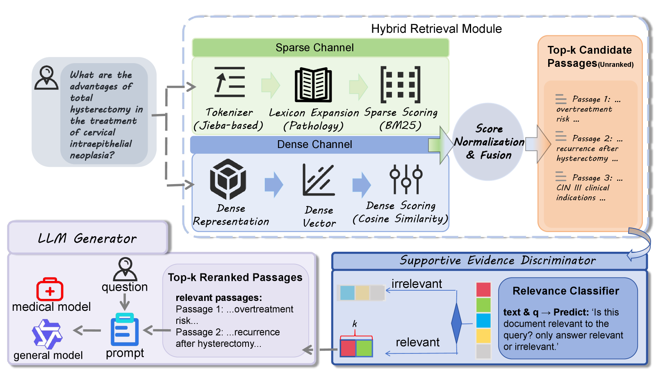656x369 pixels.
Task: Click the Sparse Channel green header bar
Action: pyautogui.click(x=320, y=48)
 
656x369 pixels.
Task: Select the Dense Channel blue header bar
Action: pyautogui.click(x=315, y=144)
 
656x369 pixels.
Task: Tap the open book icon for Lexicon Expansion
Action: pyautogui.click(x=313, y=84)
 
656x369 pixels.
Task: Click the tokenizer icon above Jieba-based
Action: pyautogui.click(x=230, y=82)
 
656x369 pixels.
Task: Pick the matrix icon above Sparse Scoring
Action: pyautogui.click(x=400, y=84)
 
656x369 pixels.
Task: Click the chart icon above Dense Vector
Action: pyautogui.click(x=319, y=180)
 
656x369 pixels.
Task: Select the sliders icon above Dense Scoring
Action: pyautogui.click(x=406, y=179)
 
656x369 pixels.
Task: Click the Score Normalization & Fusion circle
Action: pyautogui.click(x=488, y=142)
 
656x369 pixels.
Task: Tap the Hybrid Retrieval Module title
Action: pyautogui.click(x=436, y=29)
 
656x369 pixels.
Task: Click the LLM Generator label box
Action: pyautogui.click(x=88, y=237)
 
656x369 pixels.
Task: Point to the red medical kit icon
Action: pyautogui.click(x=50, y=289)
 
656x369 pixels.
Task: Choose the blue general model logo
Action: pyautogui.click(x=47, y=334)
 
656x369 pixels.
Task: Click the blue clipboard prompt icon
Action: pyautogui.click(x=125, y=330)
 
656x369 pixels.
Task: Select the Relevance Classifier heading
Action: pyautogui.click(x=566, y=291)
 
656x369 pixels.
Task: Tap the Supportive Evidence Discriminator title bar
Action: pyautogui.click(x=489, y=261)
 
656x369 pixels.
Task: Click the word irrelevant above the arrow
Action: pyautogui.click(x=417, y=283)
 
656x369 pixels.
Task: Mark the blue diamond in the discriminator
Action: pyautogui.click(x=457, y=323)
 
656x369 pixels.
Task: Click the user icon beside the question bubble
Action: pyautogui.click(x=46, y=78)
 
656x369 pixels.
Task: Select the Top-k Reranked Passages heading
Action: pyautogui.click(x=235, y=277)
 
